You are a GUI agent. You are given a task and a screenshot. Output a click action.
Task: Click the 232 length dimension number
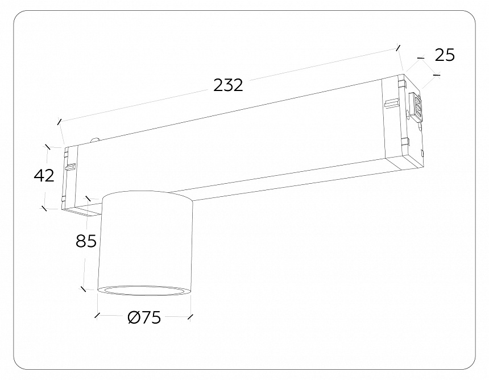(x=228, y=85)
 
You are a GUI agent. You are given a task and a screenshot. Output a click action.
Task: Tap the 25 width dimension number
(x=445, y=55)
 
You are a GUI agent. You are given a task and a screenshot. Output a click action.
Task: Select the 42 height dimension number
(x=44, y=176)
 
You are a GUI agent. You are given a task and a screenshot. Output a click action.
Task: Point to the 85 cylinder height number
(x=86, y=241)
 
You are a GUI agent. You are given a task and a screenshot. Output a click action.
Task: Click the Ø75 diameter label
(x=144, y=318)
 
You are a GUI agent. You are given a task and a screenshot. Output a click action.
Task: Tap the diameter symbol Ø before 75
(x=134, y=318)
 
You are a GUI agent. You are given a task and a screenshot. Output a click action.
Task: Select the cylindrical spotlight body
(x=146, y=242)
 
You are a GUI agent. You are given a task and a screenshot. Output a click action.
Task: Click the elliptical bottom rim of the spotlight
(x=144, y=290)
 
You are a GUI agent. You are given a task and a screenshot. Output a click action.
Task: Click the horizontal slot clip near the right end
(x=391, y=104)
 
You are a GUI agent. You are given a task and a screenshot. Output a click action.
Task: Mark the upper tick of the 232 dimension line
(x=398, y=48)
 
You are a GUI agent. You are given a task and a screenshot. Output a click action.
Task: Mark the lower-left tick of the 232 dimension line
(x=59, y=121)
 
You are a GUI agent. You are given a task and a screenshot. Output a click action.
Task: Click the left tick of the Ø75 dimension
(x=98, y=315)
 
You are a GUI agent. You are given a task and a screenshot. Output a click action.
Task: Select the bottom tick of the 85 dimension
(x=84, y=289)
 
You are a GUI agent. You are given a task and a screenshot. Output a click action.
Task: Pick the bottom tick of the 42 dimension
(x=44, y=208)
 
